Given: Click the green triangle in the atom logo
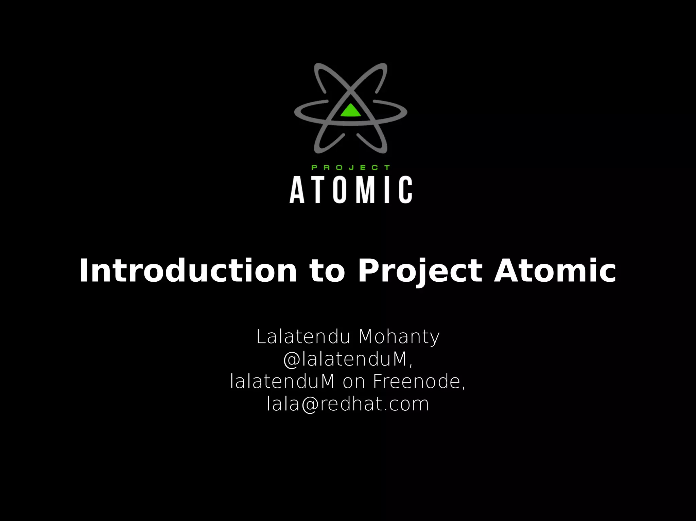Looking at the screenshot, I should [x=350, y=111].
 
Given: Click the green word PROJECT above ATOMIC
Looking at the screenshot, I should [x=351, y=167].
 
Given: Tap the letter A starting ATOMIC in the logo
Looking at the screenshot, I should [x=297, y=190].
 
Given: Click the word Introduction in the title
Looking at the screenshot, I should [x=188, y=271].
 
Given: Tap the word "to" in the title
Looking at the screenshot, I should [x=327, y=271].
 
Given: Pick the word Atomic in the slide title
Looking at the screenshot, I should [x=555, y=271].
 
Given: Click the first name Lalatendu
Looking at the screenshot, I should [x=303, y=337].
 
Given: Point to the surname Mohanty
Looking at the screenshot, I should [x=399, y=337].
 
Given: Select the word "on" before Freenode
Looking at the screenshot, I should [x=354, y=382].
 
